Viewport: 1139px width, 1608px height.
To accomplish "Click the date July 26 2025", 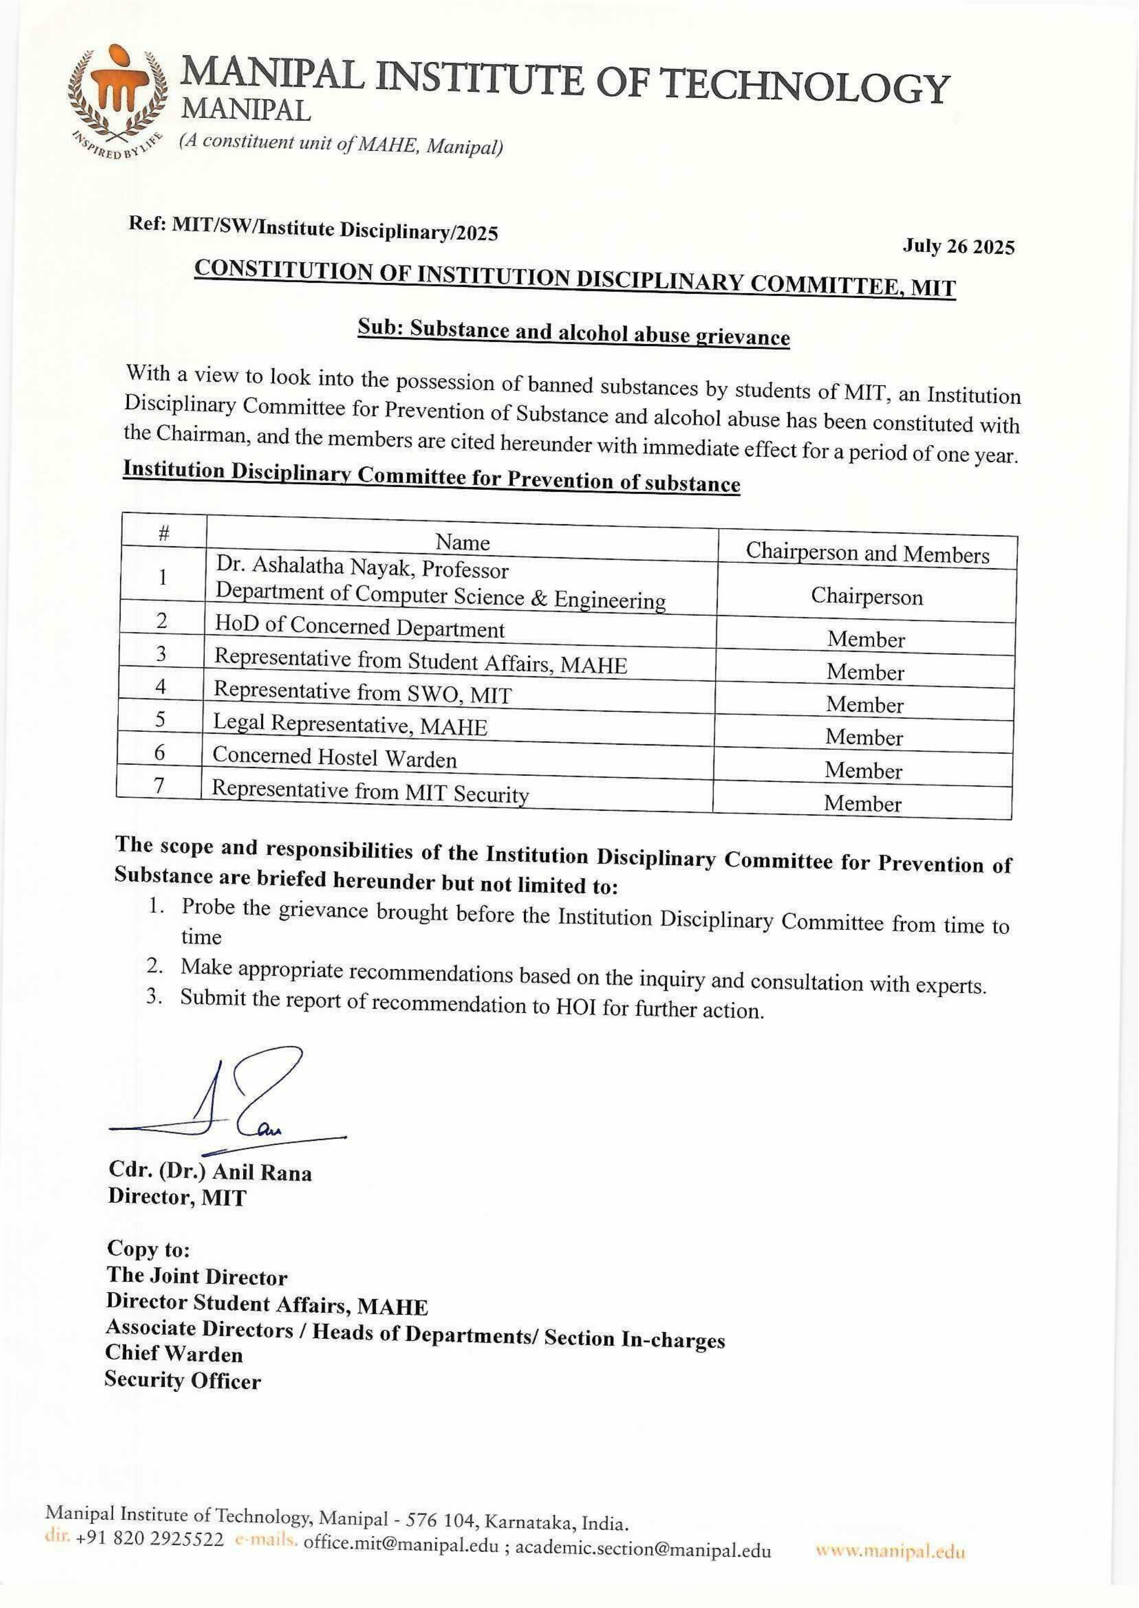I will (958, 247).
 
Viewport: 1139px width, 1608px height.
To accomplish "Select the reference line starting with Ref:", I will (313, 228).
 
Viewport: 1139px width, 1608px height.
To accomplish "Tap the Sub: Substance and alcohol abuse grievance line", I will (574, 332).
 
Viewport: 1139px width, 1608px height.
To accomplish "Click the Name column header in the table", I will (462, 542).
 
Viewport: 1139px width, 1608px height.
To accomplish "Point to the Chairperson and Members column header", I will (867, 553).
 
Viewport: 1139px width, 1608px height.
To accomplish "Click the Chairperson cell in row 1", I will (867, 597).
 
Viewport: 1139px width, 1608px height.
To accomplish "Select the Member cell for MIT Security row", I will (863, 803).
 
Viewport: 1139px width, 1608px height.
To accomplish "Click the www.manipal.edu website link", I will (891, 1552).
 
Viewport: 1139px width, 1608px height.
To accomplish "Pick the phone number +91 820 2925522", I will (149, 1541).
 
